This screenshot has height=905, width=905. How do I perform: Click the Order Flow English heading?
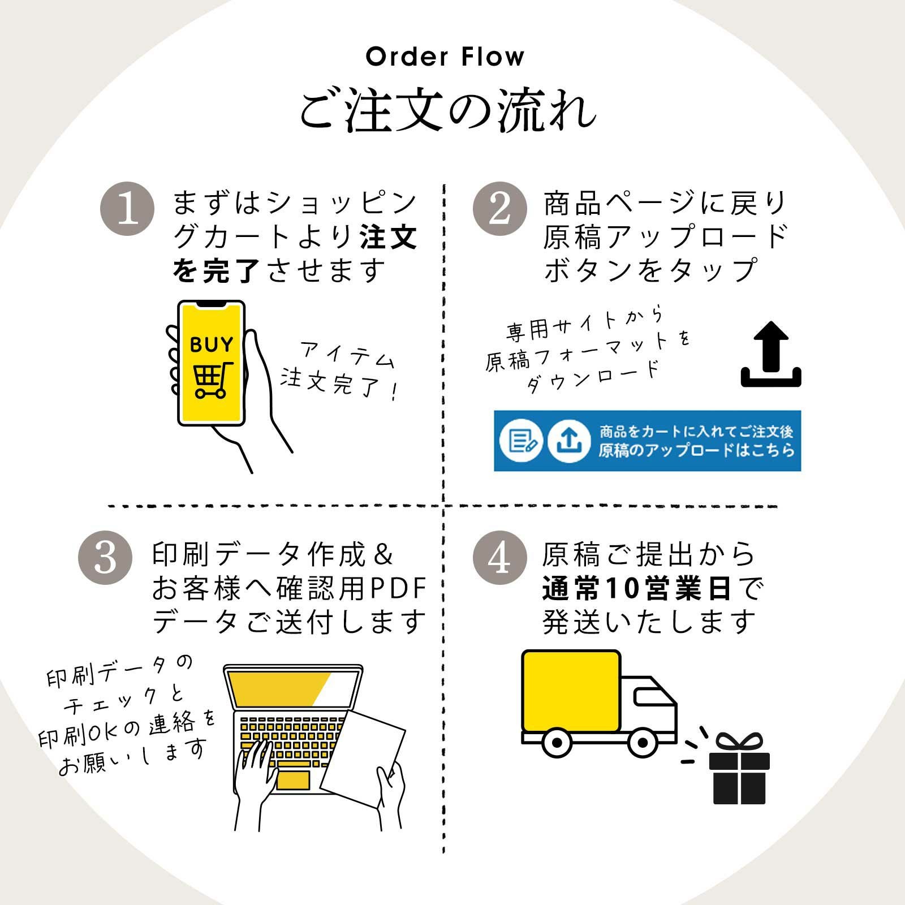pyautogui.click(x=445, y=57)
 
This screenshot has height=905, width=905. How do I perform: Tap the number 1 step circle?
pyautogui.click(x=127, y=209)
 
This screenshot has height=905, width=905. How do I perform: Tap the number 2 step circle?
pyautogui.click(x=499, y=209)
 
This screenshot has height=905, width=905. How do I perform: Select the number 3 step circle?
pyautogui.click(x=105, y=558)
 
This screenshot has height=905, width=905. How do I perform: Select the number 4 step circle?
pyautogui.click(x=499, y=558)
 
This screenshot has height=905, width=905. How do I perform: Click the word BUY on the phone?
pyautogui.click(x=211, y=344)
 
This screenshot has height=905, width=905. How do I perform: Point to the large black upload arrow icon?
pyautogui.click(x=771, y=355)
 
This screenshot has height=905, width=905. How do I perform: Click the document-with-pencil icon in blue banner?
pyautogui.click(x=521, y=441)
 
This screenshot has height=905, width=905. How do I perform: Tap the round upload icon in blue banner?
pyautogui.click(x=569, y=441)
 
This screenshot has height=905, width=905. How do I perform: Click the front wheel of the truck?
pyautogui.click(x=643, y=742)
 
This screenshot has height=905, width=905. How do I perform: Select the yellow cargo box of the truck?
pyautogui.click(x=571, y=692)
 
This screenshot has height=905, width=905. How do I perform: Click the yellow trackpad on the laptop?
pyautogui.click(x=292, y=780)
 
